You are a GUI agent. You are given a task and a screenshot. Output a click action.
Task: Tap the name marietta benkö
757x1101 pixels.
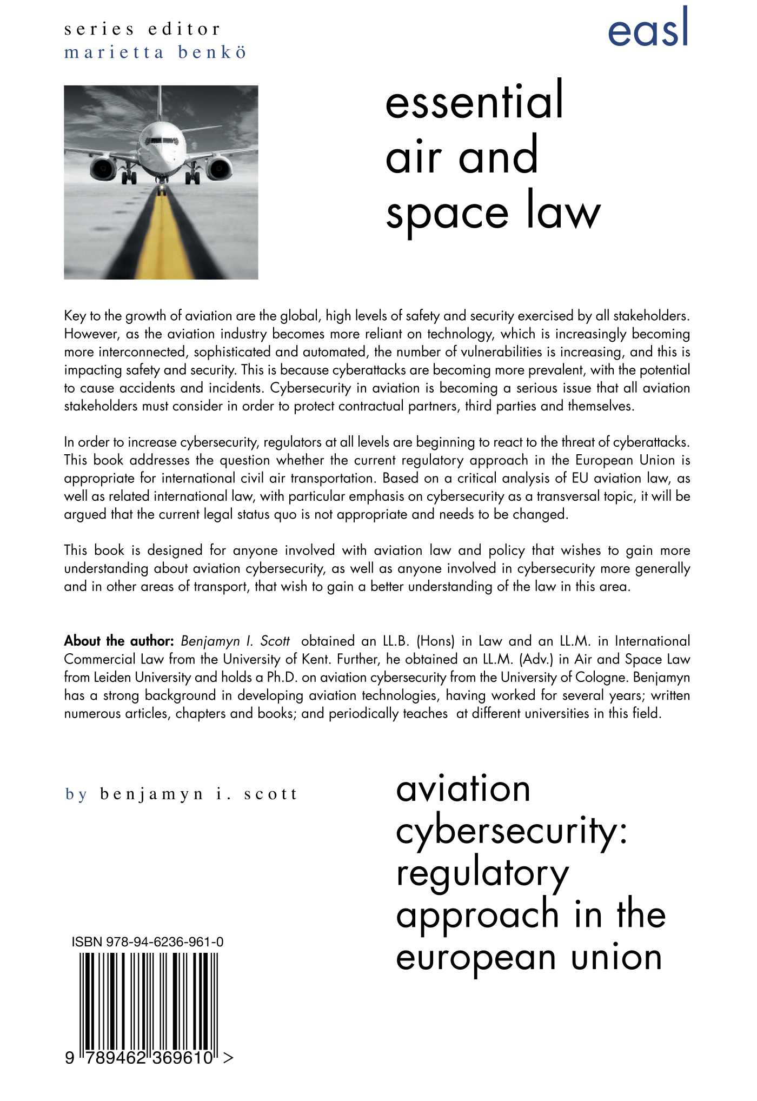click(x=155, y=53)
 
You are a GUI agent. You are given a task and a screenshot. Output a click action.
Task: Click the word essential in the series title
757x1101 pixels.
click(x=474, y=101)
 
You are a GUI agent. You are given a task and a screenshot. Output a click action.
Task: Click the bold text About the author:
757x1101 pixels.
click(x=118, y=641)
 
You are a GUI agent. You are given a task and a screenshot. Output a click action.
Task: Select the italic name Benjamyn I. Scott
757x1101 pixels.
click(x=235, y=641)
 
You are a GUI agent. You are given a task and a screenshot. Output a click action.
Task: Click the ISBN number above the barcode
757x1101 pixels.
click(x=147, y=942)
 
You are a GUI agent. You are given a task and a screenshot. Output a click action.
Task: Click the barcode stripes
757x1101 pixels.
click(x=149, y=1000)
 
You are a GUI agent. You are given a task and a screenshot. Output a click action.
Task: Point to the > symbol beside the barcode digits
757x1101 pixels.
click(x=228, y=1057)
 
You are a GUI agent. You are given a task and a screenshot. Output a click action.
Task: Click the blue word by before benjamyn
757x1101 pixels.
click(x=76, y=794)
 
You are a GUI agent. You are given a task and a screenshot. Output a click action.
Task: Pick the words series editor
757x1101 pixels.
click(x=142, y=29)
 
